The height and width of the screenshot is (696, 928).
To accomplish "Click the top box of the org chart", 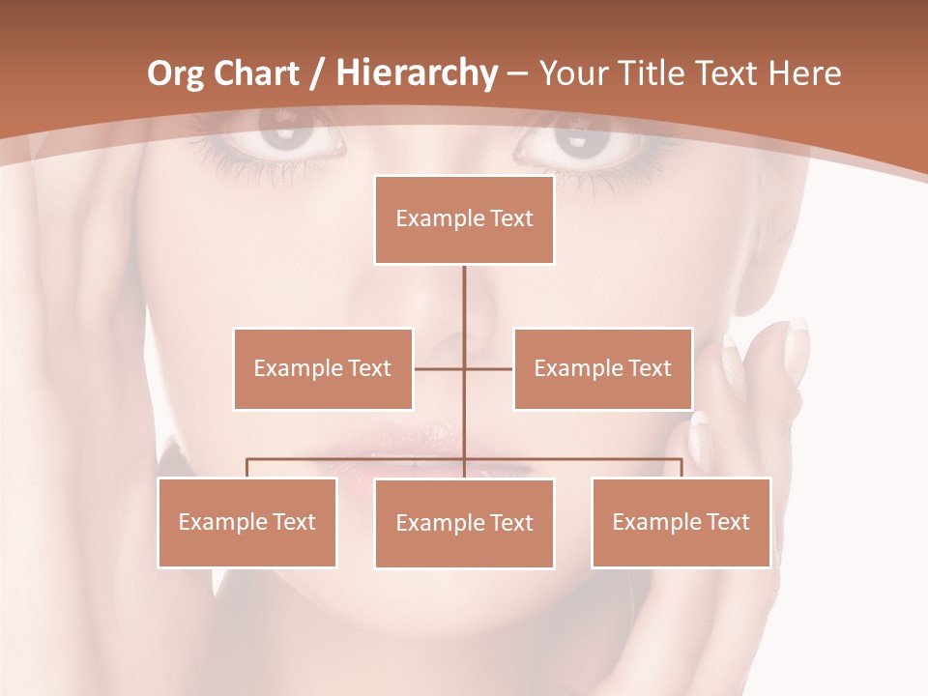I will pos(464,219).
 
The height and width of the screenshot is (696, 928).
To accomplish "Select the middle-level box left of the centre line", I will pos(323,368).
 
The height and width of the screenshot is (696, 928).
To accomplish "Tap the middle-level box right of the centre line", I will pos(602,368).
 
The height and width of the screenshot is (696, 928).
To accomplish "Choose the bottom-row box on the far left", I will pos(247,522).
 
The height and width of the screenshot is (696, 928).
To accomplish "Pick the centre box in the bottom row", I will pos(464,523).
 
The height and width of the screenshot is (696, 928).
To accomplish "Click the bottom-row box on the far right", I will pos(681,522).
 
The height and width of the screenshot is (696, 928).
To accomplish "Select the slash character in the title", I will pos(317,73).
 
